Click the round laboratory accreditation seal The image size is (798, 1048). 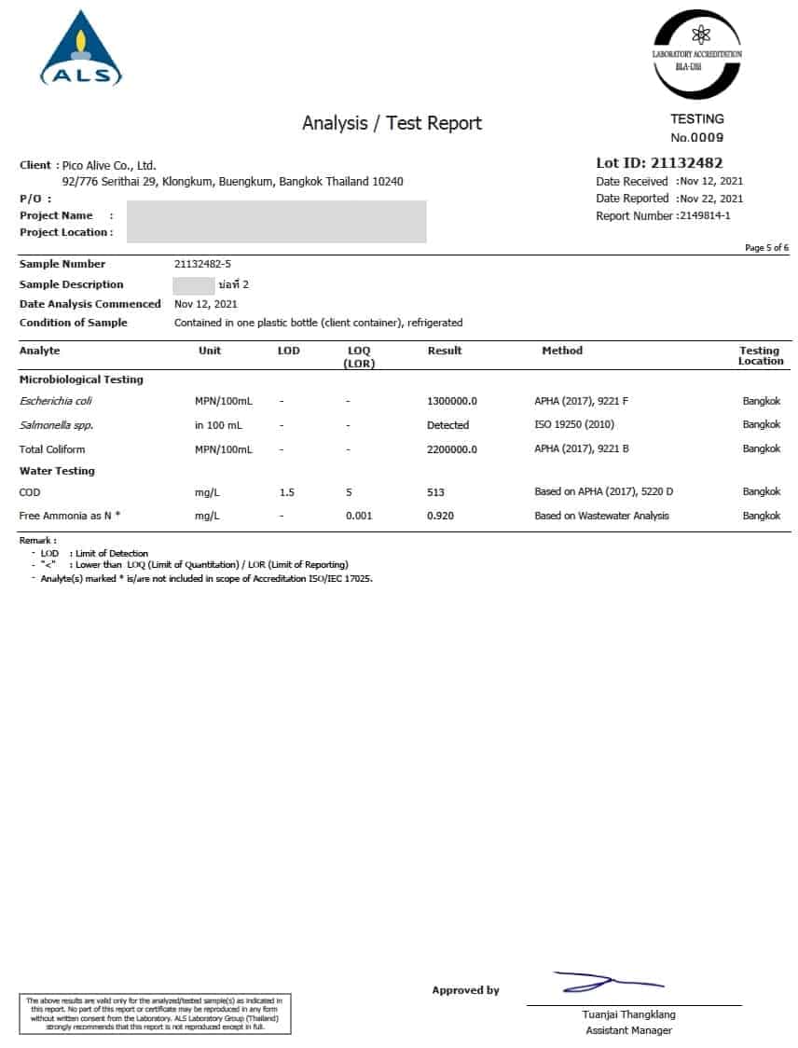(x=696, y=54)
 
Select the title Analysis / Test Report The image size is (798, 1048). (x=392, y=123)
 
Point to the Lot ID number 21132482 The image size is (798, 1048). (x=686, y=162)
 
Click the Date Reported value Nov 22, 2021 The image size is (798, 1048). (x=711, y=198)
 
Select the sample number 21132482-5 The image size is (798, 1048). (x=202, y=264)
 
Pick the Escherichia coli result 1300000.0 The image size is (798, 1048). (x=452, y=401)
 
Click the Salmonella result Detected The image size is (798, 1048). (x=447, y=425)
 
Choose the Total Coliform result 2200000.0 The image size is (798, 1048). (x=452, y=448)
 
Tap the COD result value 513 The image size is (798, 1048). (x=435, y=491)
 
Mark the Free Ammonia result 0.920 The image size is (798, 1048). (x=440, y=516)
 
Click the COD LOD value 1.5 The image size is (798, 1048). (x=287, y=491)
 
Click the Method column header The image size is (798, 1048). (x=562, y=351)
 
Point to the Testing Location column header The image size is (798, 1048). (x=760, y=355)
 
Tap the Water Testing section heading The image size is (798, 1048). (x=57, y=471)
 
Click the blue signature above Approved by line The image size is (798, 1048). (x=606, y=981)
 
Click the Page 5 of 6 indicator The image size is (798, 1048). (x=766, y=247)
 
